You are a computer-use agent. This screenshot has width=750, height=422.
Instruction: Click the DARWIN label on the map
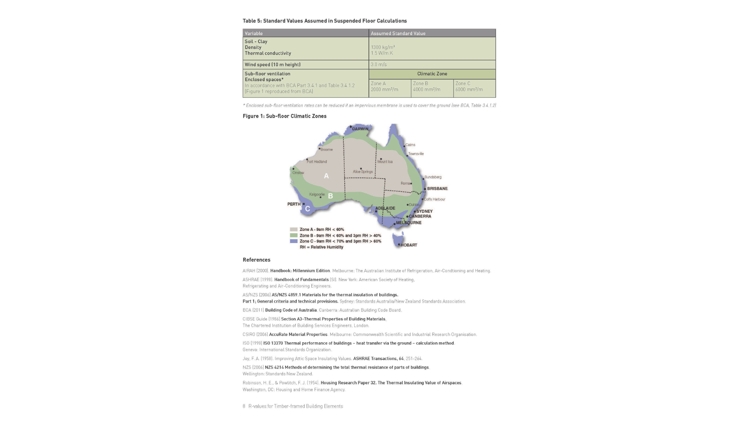click(360, 129)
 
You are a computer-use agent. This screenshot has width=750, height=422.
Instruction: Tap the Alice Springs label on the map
click(363, 172)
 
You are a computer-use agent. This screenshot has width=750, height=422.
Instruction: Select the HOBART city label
click(409, 245)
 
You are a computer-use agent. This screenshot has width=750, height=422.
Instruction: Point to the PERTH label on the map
click(294, 204)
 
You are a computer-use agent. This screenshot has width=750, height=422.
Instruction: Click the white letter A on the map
click(327, 176)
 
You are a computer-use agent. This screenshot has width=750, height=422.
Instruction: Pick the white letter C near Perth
click(307, 209)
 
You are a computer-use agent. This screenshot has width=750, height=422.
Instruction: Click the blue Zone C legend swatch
click(294, 241)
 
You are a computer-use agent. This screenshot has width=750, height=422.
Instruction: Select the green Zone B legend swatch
click(294, 236)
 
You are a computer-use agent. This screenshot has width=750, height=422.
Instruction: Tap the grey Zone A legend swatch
click(294, 230)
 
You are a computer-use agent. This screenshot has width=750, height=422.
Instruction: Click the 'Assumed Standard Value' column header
click(398, 34)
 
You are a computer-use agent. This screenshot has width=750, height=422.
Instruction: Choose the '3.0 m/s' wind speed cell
click(379, 65)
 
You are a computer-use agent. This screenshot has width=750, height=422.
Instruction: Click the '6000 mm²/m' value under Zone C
click(469, 90)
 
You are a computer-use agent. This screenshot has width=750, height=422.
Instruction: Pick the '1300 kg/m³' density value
click(383, 47)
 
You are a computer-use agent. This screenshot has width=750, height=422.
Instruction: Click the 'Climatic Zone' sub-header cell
click(432, 74)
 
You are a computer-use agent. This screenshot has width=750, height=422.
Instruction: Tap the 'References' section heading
click(257, 260)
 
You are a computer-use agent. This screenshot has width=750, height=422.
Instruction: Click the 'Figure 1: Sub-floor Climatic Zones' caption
click(284, 116)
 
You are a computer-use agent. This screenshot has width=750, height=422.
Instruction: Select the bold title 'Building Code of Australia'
click(291, 310)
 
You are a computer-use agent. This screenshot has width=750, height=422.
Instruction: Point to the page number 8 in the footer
click(244, 406)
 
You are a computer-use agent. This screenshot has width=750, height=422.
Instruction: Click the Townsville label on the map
click(416, 154)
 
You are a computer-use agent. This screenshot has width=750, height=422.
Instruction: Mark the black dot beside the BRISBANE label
click(425, 189)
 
